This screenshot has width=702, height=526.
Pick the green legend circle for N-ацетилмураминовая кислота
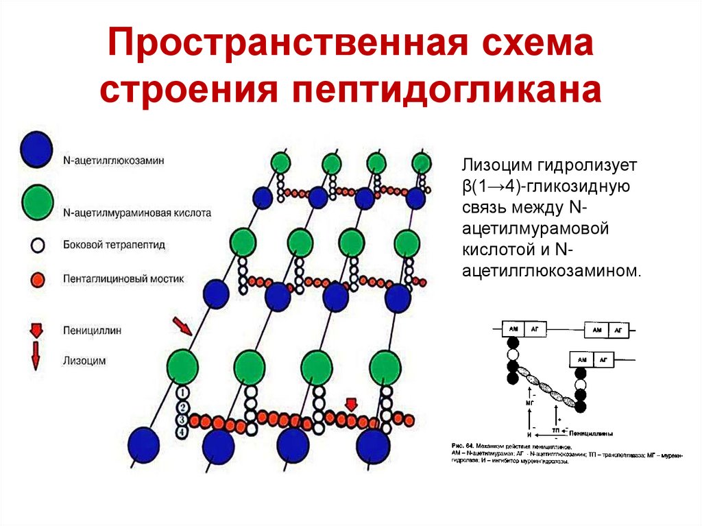click(x=36, y=200)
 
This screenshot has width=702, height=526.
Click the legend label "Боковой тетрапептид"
click(x=113, y=244)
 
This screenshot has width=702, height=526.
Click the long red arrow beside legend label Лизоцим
click(x=36, y=358)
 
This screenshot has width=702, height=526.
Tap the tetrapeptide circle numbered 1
click(x=182, y=392)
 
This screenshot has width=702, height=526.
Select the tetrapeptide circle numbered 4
click(x=182, y=433)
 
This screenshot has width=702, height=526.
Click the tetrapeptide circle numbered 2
click(x=182, y=406)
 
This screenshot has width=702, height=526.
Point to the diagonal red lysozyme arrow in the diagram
click(x=182, y=326)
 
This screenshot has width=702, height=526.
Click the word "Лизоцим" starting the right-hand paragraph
click(x=490, y=165)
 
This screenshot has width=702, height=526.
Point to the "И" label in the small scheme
click(x=529, y=435)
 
